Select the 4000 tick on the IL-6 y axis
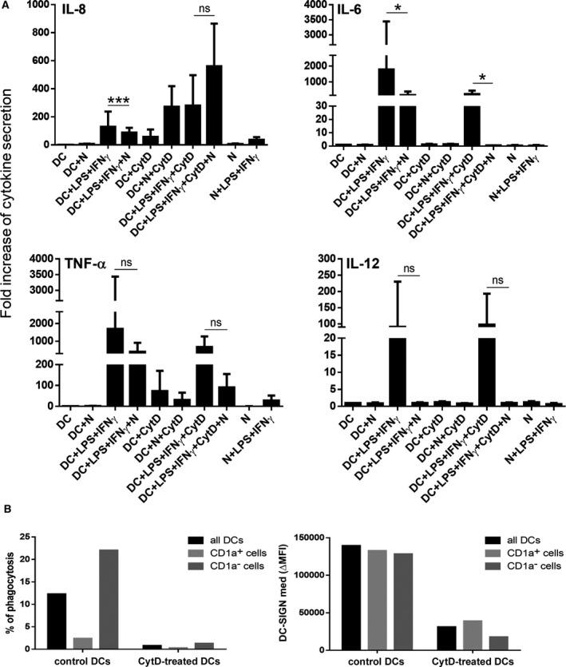(315, 5)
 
